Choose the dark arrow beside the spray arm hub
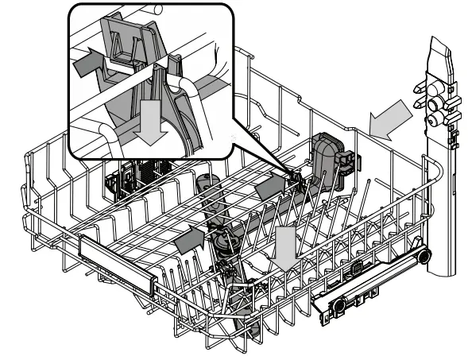coord(188,238)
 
